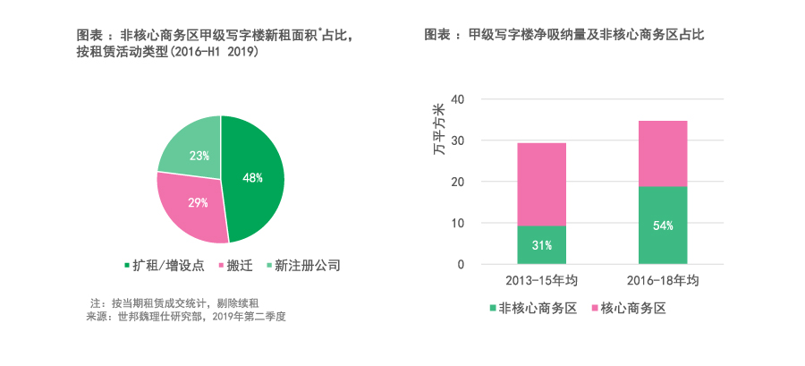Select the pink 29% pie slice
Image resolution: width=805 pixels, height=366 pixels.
[195, 204]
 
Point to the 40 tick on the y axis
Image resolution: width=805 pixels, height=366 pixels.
[458, 98]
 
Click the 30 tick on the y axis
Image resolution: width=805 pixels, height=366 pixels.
[458, 140]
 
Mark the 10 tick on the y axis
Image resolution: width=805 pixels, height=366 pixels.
[458, 223]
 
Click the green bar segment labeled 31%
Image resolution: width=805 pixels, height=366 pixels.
[542, 245]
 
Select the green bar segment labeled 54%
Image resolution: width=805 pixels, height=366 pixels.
[663, 226]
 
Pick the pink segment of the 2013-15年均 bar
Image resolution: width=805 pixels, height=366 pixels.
[542, 183]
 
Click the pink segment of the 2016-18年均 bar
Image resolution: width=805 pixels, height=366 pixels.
[663, 153]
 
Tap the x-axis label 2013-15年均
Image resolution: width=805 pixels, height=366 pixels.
[541, 281]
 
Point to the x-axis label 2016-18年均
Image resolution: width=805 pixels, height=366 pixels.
[663, 281]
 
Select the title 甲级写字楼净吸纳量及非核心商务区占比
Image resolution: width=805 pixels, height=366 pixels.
[564, 35]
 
